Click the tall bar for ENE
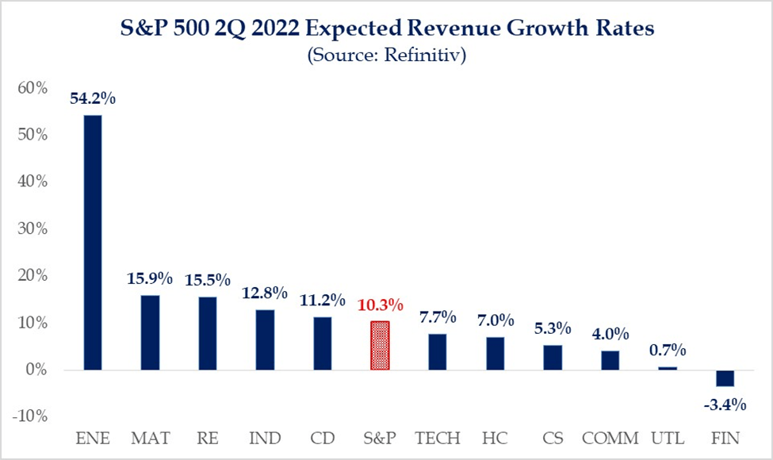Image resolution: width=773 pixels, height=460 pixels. (93, 242)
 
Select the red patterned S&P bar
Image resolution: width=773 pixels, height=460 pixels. (381, 346)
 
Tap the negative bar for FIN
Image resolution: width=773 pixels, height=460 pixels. (725, 378)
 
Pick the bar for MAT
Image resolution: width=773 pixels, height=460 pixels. (150, 332)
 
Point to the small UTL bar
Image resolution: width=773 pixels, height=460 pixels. (668, 369)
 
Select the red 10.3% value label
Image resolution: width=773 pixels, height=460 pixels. (381, 305)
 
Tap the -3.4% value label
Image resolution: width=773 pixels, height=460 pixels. (725, 405)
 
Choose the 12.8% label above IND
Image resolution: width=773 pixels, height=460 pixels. (265, 293)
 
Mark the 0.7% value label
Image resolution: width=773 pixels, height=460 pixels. (668, 350)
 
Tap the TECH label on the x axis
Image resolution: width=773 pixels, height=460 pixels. (438, 437)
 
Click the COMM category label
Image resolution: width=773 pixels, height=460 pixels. (610, 437)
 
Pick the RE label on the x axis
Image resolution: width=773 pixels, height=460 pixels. (208, 437)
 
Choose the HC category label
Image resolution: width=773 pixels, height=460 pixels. (496, 437)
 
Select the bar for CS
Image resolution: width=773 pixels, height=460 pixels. (553, 358)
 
